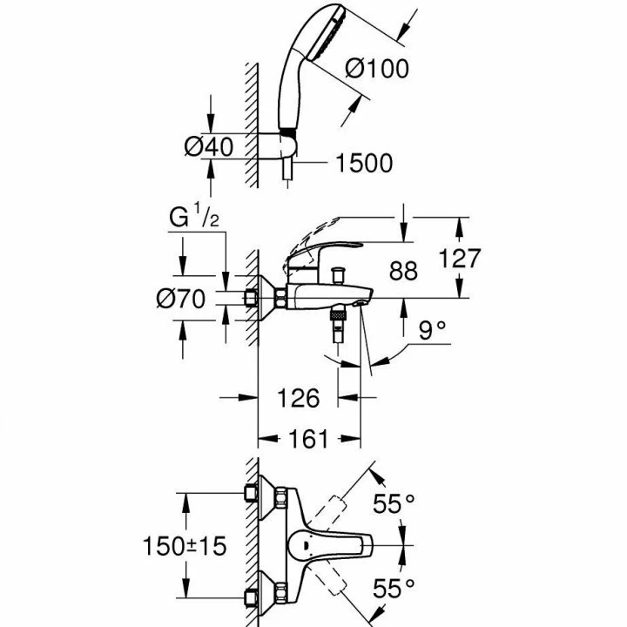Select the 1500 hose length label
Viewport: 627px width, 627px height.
[x=362, y=163]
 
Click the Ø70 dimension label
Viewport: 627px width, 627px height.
[x=180, y=299]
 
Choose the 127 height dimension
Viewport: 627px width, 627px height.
[x=458, y=259]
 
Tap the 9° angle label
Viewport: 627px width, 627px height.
[x=431, y=330]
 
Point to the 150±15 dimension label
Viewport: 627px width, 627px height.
[x=185, y=546]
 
